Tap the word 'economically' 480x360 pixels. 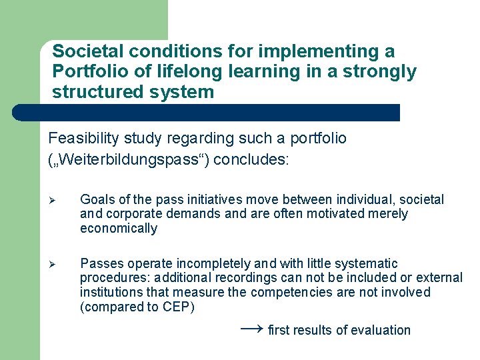click(x=119, y=229)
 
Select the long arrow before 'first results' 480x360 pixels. click(x=251, y=329)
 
